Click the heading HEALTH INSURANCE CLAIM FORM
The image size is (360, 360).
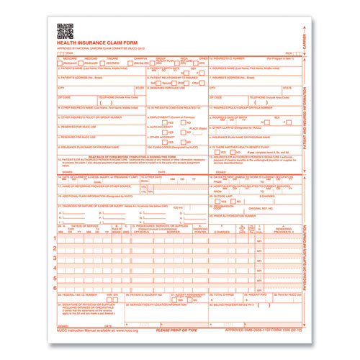pyautogui.click(x=96, y=45)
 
